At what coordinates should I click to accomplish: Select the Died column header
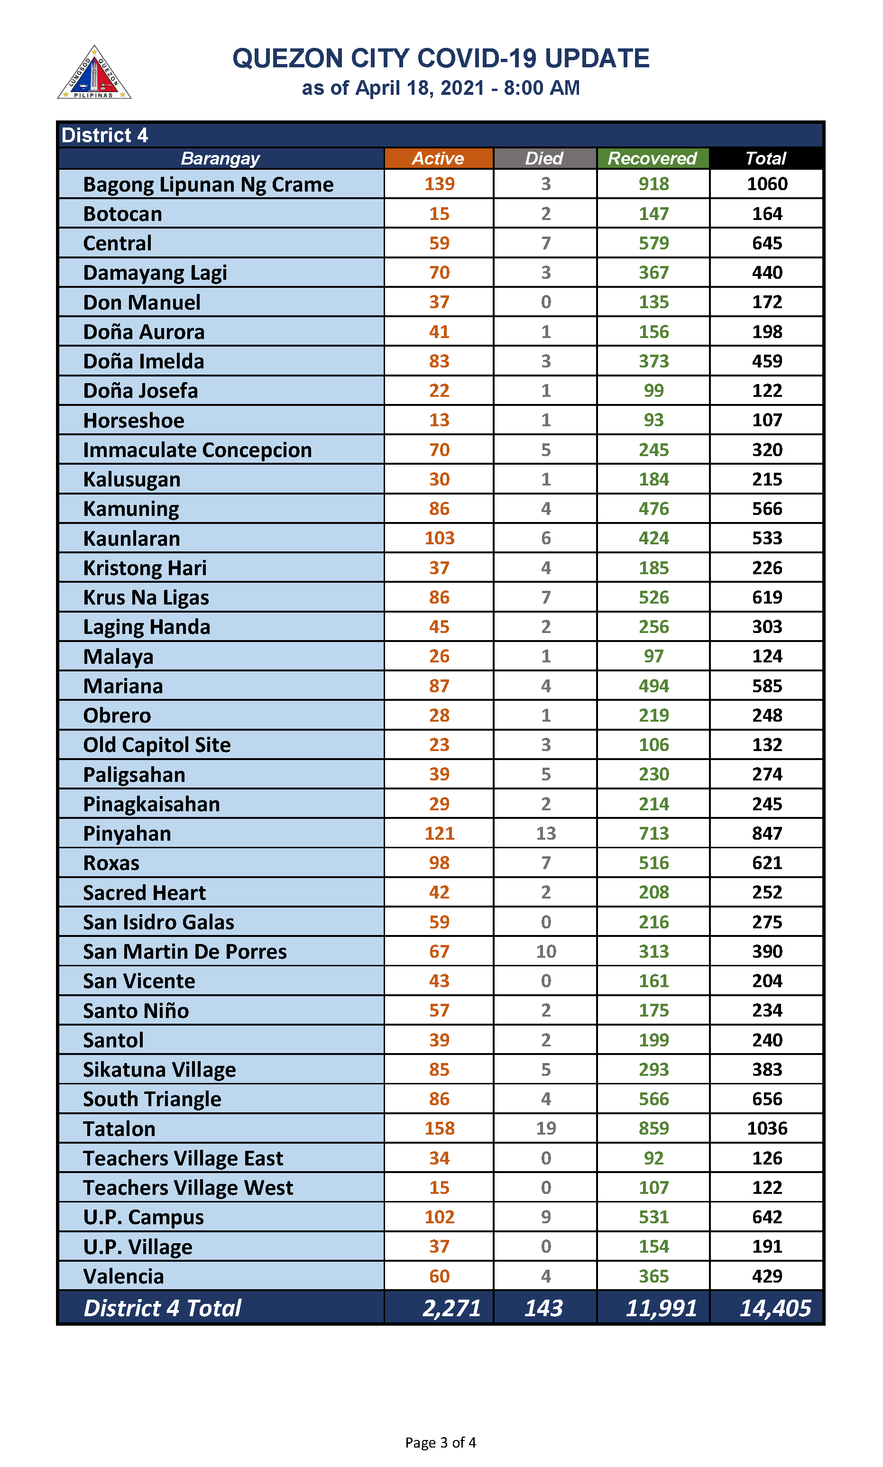click(x=544, y=158)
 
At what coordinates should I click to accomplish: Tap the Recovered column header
click(x=652, y=158)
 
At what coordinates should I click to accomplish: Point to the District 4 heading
click(x=105, y=136)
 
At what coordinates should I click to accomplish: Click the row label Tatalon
click(x=119, y=1128)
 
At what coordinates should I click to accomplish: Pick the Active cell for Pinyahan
click(x=439, y=834)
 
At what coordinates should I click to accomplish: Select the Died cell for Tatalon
click(x=546, y=1128)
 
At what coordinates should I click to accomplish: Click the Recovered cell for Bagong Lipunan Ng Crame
click(x=653, y=184)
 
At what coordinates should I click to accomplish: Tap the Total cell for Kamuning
click(x=766, y=509)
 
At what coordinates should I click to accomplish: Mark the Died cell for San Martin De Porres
click(x=546, y=951)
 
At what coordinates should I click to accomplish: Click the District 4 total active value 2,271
click(x=451, y=1309)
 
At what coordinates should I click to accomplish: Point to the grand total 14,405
click(x=775, y=1309)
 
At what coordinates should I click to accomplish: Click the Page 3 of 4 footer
click(x=440, y=1443)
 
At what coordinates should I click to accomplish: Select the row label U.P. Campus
click(x=143, y=1217)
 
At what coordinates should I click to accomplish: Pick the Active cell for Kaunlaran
click(x=439, y=538)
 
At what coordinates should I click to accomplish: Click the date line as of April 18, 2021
click(x=440, y=88)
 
